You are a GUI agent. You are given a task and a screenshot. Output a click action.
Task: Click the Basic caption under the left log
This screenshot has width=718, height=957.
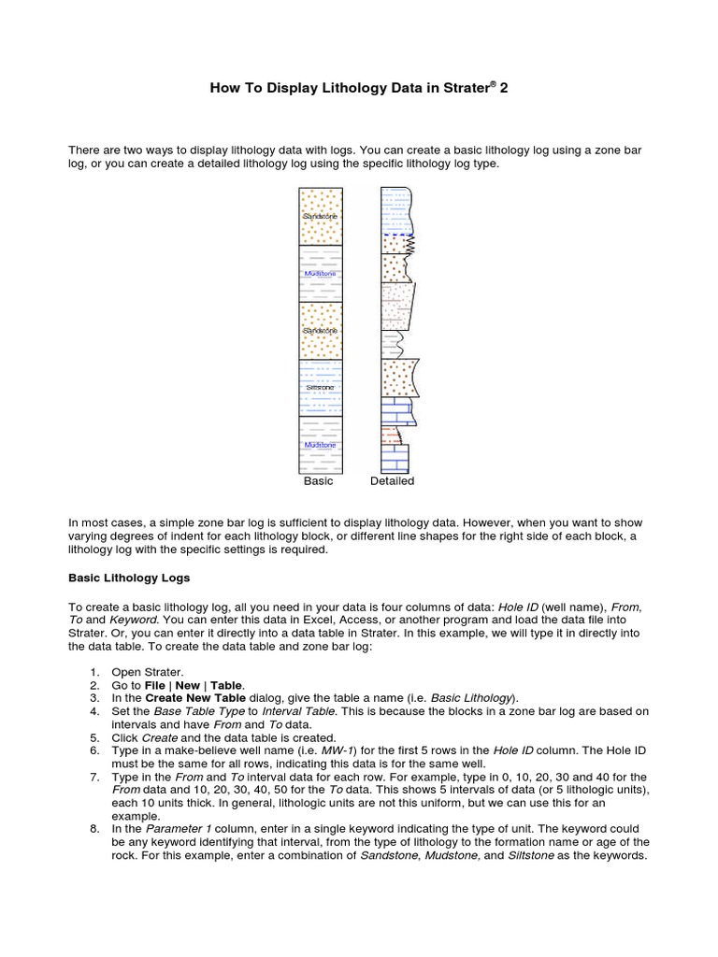click(x=318, y=481)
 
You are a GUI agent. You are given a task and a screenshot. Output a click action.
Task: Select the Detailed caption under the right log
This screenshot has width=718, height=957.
click(x=392, y=481)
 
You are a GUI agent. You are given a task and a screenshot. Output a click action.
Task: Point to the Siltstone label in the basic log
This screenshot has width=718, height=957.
click(x=320, y=387)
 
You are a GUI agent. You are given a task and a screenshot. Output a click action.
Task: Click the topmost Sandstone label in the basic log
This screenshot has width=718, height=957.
click(x=320, y=216)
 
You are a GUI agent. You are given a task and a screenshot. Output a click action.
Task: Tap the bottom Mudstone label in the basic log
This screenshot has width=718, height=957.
click(x=320, y=445)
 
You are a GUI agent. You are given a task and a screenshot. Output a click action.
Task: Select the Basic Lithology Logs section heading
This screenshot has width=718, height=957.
click(x=130, y=578)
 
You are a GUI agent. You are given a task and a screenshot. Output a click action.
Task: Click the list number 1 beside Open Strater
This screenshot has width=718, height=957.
click(x=94, y=672)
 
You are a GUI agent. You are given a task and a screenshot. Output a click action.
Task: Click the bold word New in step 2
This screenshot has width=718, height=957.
click(x=188, y=685)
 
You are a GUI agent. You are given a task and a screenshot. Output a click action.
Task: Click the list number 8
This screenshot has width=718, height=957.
click(x=94, y=829)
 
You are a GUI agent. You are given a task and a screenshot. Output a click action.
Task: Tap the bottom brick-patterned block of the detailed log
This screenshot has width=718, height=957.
click(x=395, y=458)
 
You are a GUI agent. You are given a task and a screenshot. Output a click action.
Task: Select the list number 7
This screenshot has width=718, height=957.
click(x=94, y=777)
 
